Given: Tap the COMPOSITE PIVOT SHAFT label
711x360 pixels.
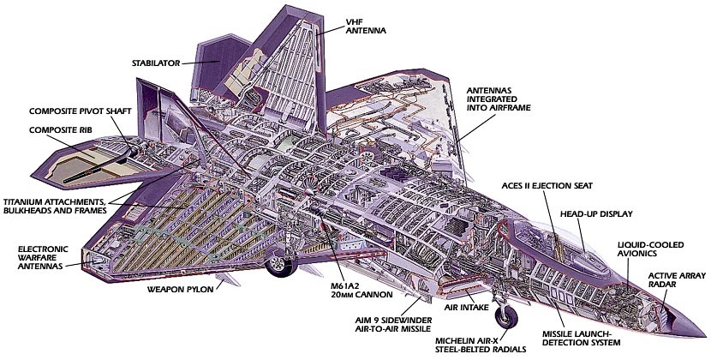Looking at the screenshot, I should (x=73, y=111).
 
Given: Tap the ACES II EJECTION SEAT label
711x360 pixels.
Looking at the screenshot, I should (x=553, y=184).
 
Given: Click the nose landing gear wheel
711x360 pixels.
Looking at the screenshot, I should (x=507, y=318).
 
